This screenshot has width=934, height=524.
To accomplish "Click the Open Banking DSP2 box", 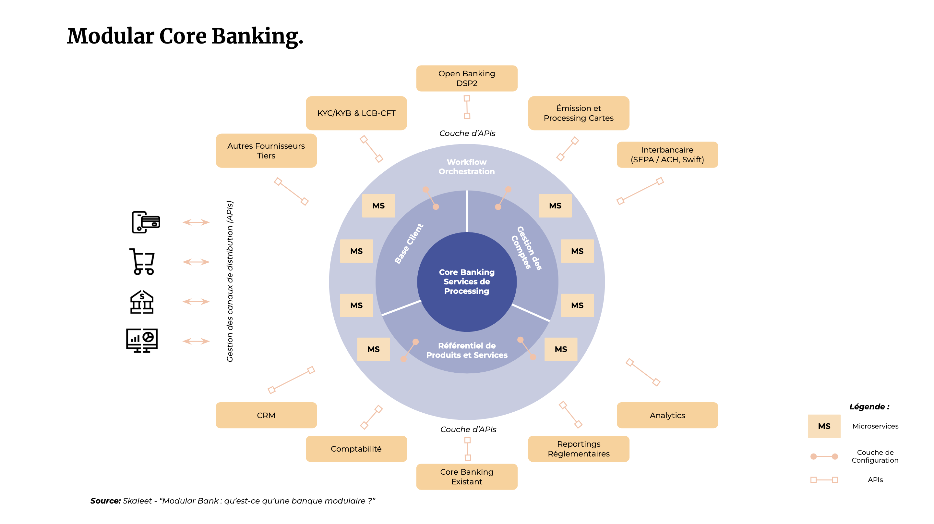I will pyautogui.click(x=467, y=78).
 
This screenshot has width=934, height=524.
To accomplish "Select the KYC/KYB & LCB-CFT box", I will pyautogui.click(x=356, y=113).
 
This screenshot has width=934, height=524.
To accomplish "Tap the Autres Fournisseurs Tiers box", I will pyautogui.click(x=266, y=151).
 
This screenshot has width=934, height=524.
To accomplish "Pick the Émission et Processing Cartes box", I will pyautogui.click(x=578, y=113).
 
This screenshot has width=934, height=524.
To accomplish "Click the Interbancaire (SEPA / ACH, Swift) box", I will pyautogui.click(x=667, y=155).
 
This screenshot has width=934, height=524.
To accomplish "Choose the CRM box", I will pyautogui.click(x=266, y=415).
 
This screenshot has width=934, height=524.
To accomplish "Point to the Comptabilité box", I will pyautogui.click(x=356, y=449).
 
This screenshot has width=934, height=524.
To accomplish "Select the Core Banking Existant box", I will pyautogui.click(x=467, y=477).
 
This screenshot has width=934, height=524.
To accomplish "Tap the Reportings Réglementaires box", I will pyautogui.click(x=578, y=449).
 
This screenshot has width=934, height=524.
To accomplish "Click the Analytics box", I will pyautogui.click(x=667, y=415).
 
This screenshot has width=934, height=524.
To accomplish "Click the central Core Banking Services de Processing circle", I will pyautogui.click(x=467, y=281).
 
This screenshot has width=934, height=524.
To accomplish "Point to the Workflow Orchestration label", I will pyautogui.click(x=467, y=167).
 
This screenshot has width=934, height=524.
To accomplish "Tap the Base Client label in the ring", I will pyautogui.click(x=409, y=243).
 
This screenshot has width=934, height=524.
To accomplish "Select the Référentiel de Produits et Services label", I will pyautogui.click(x=467, y=350).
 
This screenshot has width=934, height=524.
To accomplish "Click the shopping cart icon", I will pyautogui.click(x=142, y=262).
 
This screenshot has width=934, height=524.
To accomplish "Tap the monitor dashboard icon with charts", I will pyautogui.click(x=142, y=340).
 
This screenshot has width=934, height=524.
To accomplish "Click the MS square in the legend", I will pyautogui.click(x=824, y=426).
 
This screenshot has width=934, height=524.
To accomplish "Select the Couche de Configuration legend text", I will pyautogui.click(x=875, y=456).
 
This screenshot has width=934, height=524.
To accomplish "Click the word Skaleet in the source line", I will pyautogui.click(x=137, y=501).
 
